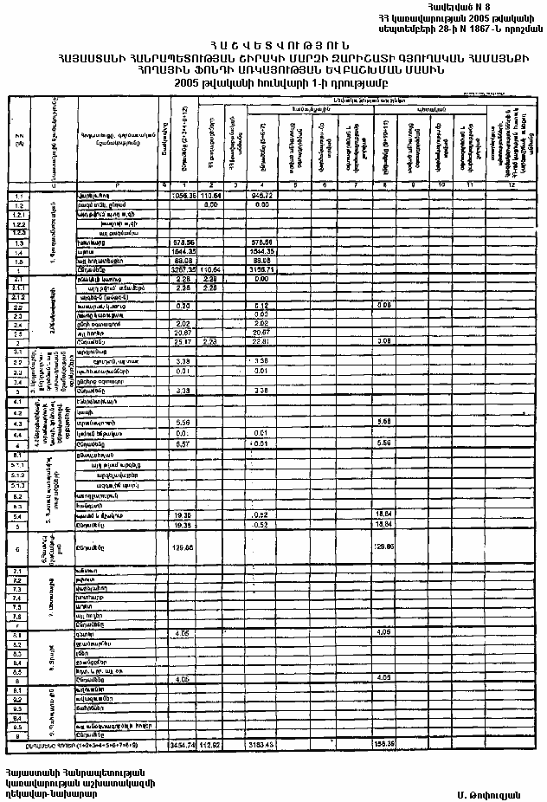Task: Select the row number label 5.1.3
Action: (x=18, y=485)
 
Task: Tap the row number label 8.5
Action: (x=18, y=669)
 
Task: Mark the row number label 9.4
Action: (x=18, y=718)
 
